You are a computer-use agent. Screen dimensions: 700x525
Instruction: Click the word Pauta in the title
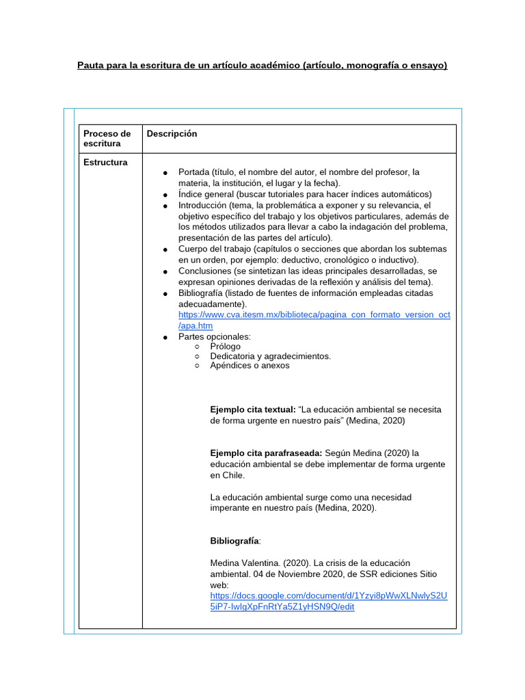[x=92, y=66]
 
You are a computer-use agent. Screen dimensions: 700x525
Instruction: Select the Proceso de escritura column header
[x=107, y=139]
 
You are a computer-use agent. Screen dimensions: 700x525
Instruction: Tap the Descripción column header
[x=172, y=134]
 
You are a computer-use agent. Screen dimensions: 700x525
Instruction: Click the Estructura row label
[x=105, y=163]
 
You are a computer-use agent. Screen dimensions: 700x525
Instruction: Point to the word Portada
[x=193, y=172]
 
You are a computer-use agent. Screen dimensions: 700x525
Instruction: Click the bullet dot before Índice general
[x=165, y=195]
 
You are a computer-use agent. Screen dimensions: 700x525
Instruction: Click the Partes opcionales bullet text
[x=215, y=337]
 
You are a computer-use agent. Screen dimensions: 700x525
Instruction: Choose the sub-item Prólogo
[x=226, y=347]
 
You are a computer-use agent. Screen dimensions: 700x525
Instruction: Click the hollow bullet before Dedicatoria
[x=197, y=356]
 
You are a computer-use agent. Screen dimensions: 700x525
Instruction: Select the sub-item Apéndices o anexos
[x=250, y=366]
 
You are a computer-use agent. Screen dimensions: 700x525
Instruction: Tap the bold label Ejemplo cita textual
[x=253, y=409]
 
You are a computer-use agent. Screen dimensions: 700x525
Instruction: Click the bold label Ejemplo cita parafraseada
[x=265, y=453]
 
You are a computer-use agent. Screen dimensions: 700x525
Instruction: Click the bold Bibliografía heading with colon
[x=235, y=541]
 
